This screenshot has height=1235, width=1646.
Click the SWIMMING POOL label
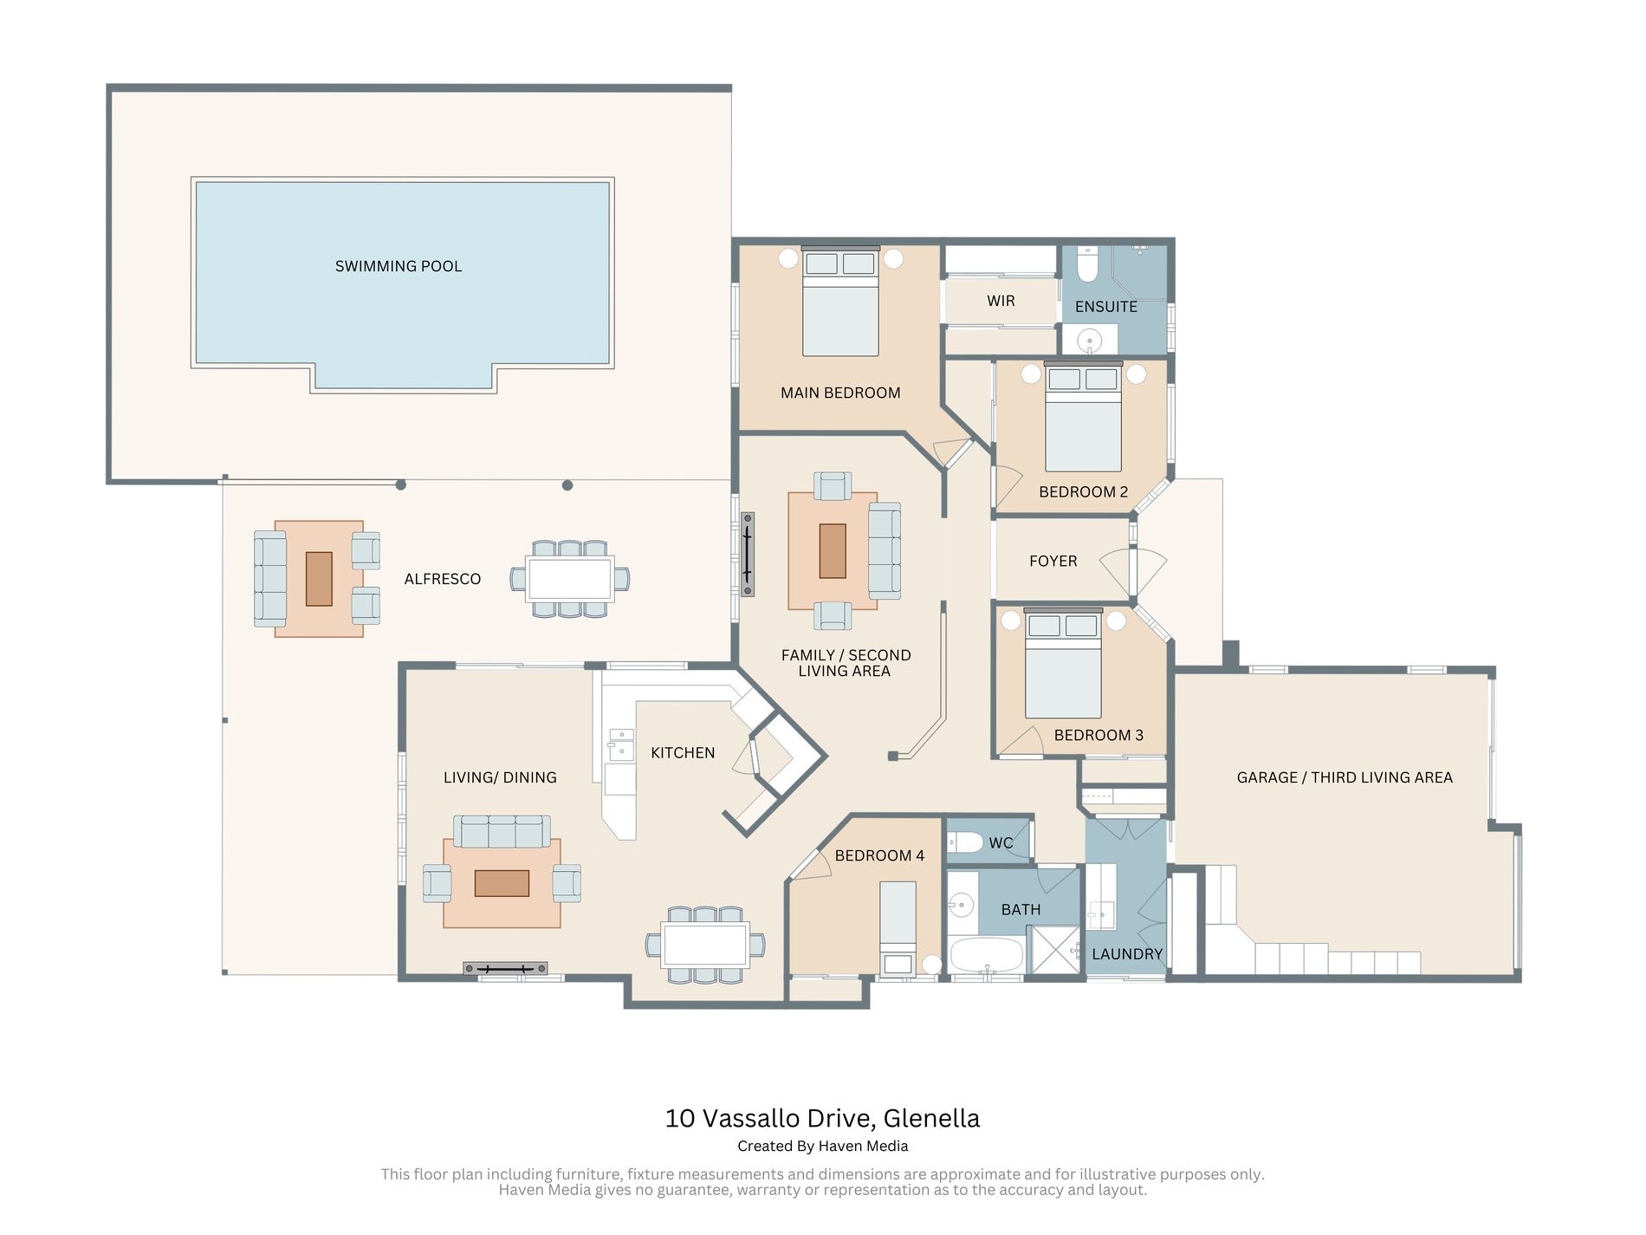(399, 266)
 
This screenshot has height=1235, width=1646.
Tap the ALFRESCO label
(443, 579)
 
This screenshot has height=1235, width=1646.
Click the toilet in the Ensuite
(1087, 263)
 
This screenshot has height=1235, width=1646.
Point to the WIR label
(1001, 301)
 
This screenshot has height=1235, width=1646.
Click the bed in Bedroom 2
(1083, 417)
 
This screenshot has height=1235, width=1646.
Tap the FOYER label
(1053, 562)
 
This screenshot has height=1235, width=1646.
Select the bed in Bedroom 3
(1063, 664)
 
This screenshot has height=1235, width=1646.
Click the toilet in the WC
(965, 842)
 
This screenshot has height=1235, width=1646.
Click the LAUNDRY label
(1127, 954)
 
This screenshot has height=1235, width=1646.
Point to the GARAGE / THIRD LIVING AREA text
(1345, 777)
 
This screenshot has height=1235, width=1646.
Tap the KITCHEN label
(683, 753)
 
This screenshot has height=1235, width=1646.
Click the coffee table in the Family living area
(833, 550)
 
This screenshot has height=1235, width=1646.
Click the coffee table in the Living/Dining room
(502, 883)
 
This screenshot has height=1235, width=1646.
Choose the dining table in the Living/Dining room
(705, 945)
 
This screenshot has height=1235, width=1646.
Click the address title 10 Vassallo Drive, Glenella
(822, 1118)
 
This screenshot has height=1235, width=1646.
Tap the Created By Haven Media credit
(823, 1146)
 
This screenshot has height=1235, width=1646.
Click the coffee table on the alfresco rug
(319, 579)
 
